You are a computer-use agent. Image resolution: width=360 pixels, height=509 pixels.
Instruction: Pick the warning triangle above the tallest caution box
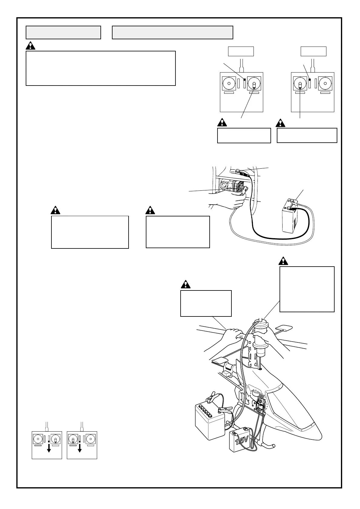click(283, 261)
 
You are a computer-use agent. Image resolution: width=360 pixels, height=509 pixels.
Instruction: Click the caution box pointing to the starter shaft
click(307, 289)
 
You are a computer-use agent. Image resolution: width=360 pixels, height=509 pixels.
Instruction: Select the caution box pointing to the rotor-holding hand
click(206, 303)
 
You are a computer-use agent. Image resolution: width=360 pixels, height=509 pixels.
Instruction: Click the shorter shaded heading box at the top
click(63, 33)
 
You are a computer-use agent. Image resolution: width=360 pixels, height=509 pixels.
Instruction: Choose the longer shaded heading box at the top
click(172, 33)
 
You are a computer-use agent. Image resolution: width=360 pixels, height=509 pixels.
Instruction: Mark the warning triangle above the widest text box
click(30, 46)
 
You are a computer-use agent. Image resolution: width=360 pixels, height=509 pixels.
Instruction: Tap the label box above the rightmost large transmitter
click(313, 51)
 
